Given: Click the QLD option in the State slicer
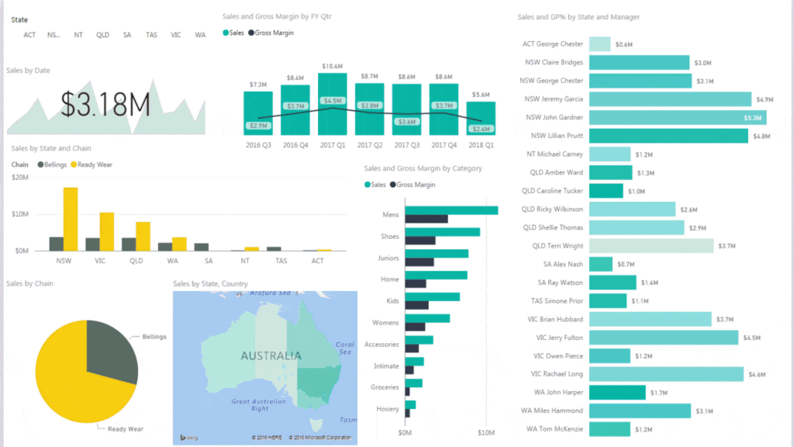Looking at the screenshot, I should [102, 35].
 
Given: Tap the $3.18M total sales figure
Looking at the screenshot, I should [105, 105].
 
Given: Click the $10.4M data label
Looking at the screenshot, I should [333, 66].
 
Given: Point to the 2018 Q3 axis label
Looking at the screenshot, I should [482, 145].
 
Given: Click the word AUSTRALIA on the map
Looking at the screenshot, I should [271, 356].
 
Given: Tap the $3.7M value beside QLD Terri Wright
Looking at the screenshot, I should [727, 246].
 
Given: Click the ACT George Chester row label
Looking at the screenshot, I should [552, 44].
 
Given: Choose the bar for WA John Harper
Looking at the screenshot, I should [617, 393].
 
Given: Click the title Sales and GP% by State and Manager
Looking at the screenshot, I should [578, 17].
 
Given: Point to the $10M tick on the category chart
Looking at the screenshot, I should [485, 432].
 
